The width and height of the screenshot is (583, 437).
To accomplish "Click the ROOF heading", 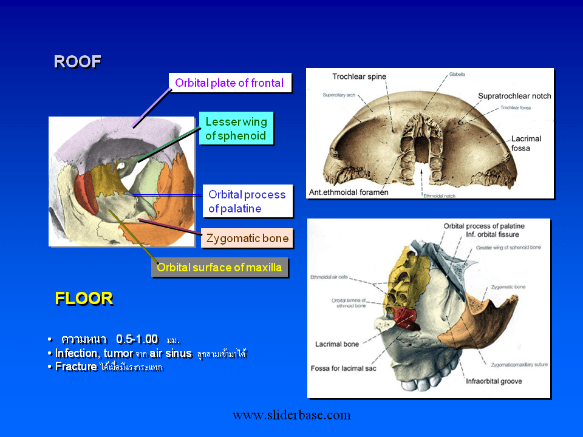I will [77, 62].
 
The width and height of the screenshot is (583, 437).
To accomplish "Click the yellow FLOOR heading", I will [84, 299].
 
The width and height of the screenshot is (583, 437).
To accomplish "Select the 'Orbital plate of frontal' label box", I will [230, 83].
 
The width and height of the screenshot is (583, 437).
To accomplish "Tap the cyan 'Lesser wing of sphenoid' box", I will [236, 129].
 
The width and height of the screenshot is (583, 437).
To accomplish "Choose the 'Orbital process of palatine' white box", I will [247, 202].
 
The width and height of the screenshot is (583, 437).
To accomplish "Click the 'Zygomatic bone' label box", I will [247, 239].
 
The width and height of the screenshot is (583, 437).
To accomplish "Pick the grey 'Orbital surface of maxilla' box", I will [219, 267].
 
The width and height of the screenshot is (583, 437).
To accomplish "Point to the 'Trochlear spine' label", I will [359, 76].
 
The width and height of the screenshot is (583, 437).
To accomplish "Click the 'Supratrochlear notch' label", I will [514, 96].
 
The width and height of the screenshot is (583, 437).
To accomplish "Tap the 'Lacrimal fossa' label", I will [526, 143].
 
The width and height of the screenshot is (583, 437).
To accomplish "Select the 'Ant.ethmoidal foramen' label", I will [348, 192].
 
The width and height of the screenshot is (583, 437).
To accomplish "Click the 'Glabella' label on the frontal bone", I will [457, 74].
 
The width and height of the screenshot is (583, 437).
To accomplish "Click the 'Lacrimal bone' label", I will [336, 344].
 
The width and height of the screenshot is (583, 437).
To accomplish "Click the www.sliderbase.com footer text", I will [291, 415].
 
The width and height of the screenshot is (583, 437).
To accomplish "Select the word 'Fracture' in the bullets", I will [76, 367].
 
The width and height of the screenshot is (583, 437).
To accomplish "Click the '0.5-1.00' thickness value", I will [137, 339].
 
